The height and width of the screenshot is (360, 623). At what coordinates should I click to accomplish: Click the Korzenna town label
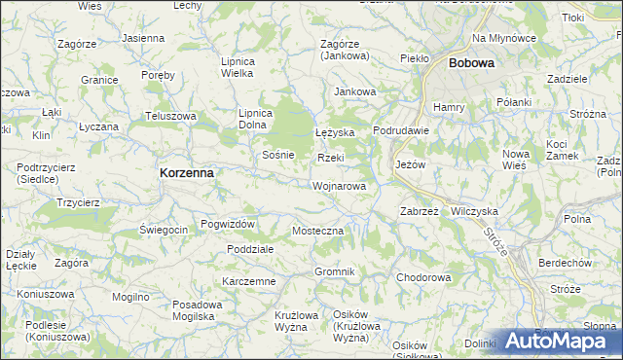(186, 172)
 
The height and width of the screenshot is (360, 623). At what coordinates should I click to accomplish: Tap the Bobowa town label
(471, 63)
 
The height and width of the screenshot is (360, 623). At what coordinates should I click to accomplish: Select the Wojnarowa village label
(340, 185)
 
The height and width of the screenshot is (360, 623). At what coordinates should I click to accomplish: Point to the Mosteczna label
(318, 231)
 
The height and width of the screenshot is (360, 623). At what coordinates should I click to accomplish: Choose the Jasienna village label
(143, 38)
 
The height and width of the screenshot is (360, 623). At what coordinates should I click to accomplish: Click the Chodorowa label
(423, 277)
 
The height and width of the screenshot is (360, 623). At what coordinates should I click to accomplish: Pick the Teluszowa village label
(170, 116)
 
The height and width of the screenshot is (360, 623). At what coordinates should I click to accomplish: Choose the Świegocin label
(163, 230)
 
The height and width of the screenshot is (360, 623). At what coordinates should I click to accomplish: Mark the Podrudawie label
(401, 131)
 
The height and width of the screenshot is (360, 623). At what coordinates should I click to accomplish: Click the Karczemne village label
(249, 281)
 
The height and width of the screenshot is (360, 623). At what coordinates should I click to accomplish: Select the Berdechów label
(566, 262)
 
